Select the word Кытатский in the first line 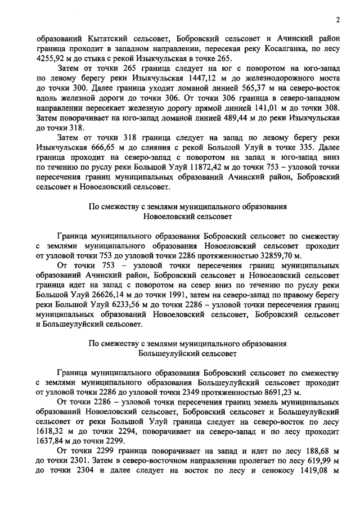[x=109, y=39]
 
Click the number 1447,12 [x=191, y=82]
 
